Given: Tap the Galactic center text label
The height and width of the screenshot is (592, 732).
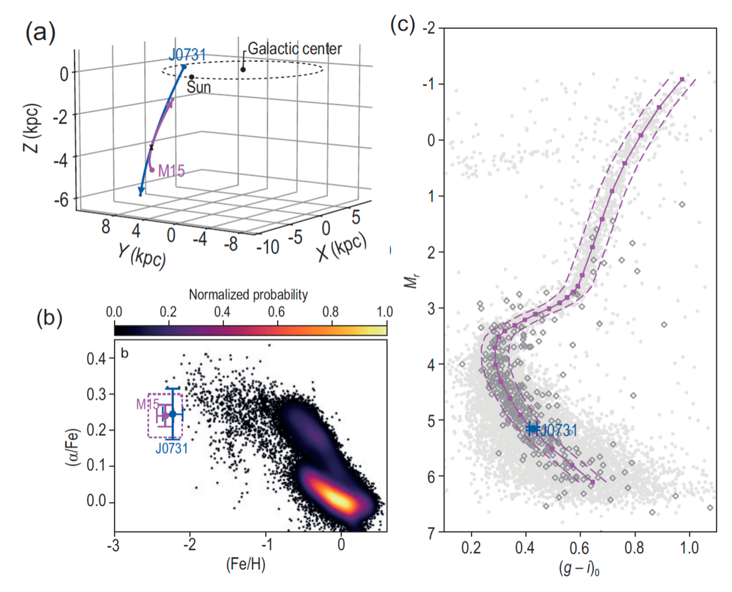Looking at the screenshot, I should (294, 49).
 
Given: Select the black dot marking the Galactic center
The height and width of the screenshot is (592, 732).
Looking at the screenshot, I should (243, 70).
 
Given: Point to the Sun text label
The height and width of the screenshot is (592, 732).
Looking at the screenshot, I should (198, 87).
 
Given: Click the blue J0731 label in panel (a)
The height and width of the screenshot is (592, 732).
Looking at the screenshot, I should (187, 55).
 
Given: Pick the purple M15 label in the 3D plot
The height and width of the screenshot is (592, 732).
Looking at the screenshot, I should (171, 171).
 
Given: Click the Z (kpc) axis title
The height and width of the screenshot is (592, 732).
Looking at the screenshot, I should (32, 128).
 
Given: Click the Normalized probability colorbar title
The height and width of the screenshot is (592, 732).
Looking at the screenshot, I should (248, 295).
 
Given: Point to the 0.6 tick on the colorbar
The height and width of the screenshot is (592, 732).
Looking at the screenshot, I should (276, 312).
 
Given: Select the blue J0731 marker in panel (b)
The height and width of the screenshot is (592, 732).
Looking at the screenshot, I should (172, 414).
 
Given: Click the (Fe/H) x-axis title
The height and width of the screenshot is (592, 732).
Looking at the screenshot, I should (246, 564).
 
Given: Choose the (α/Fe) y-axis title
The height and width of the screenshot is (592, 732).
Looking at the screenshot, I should (73, 447).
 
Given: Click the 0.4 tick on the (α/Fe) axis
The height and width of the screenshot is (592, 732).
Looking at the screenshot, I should (97, 359).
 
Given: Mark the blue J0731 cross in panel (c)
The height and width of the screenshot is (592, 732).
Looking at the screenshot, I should (533, 429).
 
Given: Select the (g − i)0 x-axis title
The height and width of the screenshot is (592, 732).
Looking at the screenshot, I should (579, 568).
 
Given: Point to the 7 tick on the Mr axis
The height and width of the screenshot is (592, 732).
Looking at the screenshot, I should (431, 533).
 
